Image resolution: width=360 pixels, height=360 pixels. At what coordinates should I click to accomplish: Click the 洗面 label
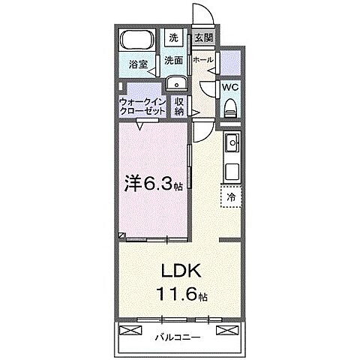(173, 60)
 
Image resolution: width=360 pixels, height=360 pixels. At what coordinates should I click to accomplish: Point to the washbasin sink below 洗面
(177, 83)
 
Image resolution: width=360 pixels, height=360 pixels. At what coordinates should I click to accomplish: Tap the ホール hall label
(203, 60)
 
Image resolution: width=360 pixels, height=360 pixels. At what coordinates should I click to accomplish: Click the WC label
(230, 87)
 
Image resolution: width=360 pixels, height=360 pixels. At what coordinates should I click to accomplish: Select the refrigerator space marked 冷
(231, 197)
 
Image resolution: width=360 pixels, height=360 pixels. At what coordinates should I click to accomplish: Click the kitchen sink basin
(231, 142)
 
